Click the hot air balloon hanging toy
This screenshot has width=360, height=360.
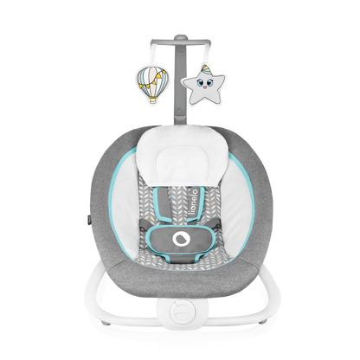pos(152,85)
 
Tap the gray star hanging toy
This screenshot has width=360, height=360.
pos(203,84)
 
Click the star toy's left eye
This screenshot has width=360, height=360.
pos(200,84)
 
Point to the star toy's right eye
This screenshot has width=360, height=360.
pos(209,82)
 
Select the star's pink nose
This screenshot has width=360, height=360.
pos(205,87)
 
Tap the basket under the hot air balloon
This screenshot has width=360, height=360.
pos(153,100)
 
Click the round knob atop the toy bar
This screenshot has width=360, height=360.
pos(180,37)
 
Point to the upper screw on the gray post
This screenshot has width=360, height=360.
pos(181,52)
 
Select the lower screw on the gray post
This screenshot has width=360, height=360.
pos(180,109)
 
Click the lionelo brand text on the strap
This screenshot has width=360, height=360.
pos(195,202)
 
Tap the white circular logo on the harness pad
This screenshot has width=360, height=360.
pos(180,239)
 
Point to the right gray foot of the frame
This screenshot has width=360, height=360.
pos(262,319)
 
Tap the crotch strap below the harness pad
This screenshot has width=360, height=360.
pos(179,258)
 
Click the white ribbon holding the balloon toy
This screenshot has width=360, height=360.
pos(152,55)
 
